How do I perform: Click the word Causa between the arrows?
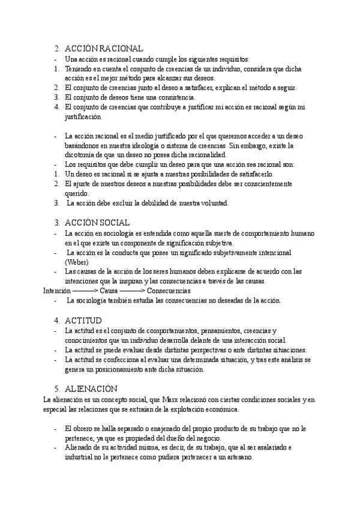pyautogui.click(x=109, y=291)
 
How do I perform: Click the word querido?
pyautogui.click(x=76, y=193)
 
